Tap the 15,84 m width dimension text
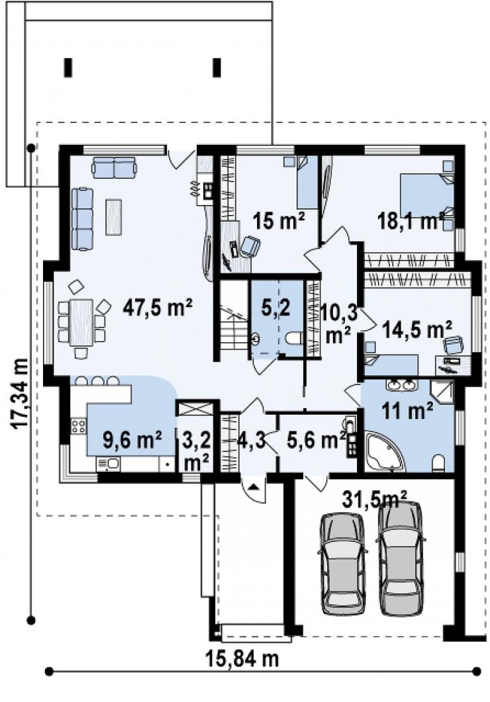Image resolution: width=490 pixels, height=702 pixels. tap(242, 658)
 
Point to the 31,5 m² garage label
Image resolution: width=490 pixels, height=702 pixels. tap(375, 499)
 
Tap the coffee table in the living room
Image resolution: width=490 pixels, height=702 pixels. tap(114, 217)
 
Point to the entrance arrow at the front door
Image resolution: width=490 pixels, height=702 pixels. tap(254, 487)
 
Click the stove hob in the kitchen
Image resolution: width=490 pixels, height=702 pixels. tap(78, 425)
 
